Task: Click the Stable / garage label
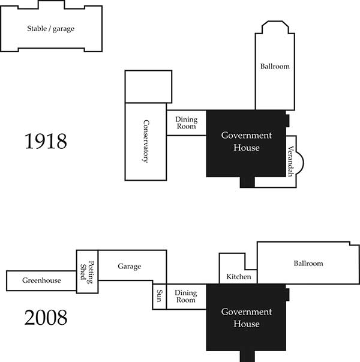click(51, 29)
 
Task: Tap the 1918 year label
click(46, 141)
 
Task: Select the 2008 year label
click(46, 318)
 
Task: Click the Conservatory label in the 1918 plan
click(146, 141)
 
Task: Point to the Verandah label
click(291, 161)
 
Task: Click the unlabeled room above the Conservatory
click(148, 86)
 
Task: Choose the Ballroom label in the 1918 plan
click(275, 67)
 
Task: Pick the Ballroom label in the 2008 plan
click(308, 264)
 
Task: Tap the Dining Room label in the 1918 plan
click(186, 123)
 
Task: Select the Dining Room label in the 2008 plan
click(186, 296)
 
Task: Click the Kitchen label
click(239, 277)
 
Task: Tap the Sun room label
click(160, 296)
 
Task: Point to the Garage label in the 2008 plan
click(129, 267)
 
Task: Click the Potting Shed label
click(87, 272)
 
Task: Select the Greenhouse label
click(41, 280)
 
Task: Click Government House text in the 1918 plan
click(247, 141)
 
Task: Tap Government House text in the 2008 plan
click(247, 318)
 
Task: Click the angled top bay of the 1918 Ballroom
click(275, 27)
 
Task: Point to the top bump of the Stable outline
click(51, 5)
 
